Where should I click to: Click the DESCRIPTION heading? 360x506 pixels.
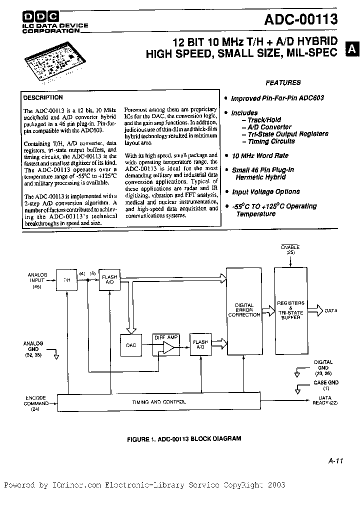[43, 98]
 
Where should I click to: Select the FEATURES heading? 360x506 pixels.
[282, 82]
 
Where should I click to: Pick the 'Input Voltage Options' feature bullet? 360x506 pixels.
[265, 191]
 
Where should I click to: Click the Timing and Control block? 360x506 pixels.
[159, 401]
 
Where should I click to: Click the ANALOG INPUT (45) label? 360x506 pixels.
[36, 280]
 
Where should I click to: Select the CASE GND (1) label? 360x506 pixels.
[326, 385]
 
